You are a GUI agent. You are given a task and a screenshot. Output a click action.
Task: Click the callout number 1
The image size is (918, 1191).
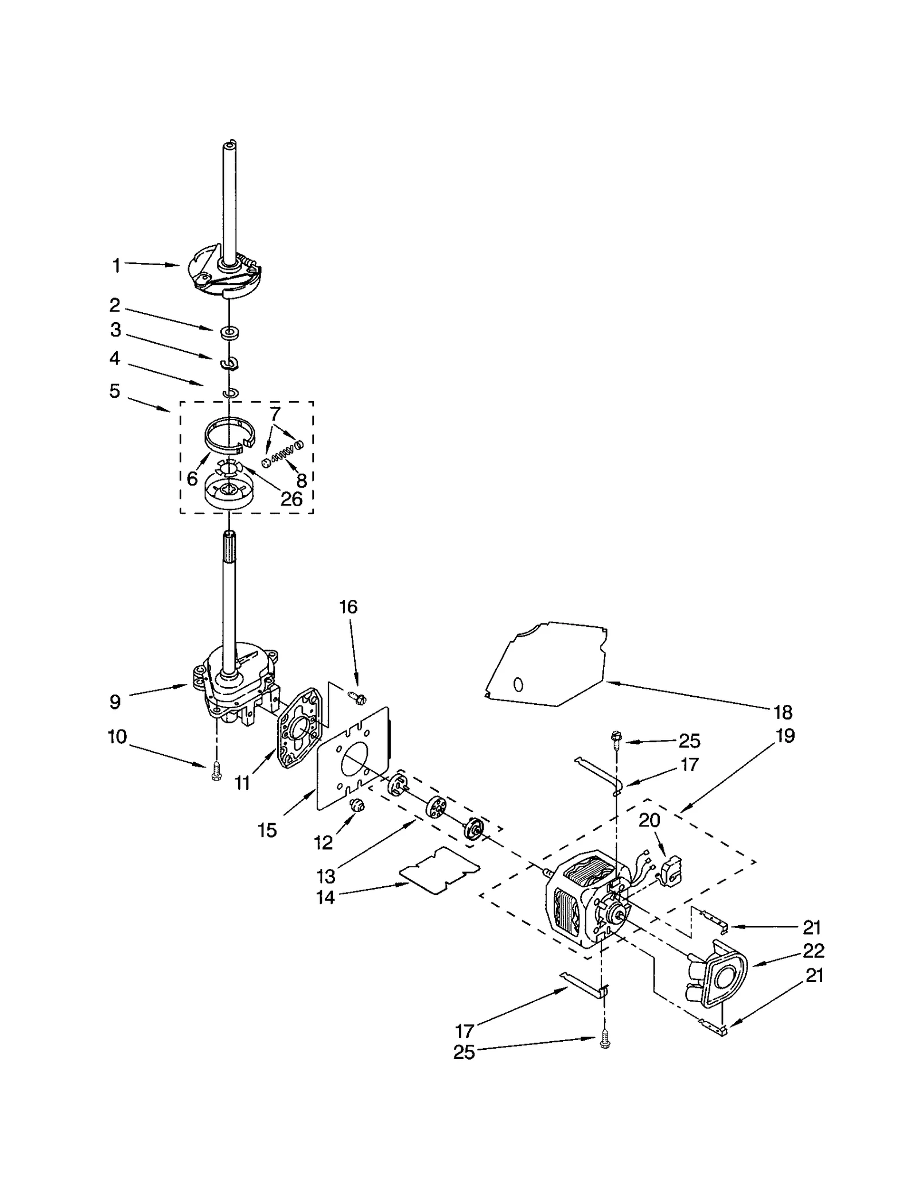coord(116,266)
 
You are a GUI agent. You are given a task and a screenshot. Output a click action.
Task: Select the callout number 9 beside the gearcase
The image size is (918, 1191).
coord(115,701)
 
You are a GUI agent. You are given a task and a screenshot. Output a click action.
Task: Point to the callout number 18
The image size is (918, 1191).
coord(783,712)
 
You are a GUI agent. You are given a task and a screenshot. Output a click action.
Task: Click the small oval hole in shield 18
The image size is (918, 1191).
coord(518,685)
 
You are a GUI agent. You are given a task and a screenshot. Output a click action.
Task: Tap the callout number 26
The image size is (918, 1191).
coord(291,499)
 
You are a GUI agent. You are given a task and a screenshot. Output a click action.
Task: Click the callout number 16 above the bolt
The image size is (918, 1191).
coord(348,607)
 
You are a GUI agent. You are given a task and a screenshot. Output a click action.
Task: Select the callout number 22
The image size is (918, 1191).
coord(814,951)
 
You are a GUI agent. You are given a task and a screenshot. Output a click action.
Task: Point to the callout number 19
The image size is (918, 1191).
coord(785,736)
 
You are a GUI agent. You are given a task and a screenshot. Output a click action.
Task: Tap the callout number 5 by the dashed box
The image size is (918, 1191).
coord(115,391)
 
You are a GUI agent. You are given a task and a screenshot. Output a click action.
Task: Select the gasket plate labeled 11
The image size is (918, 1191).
coord(300,728)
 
